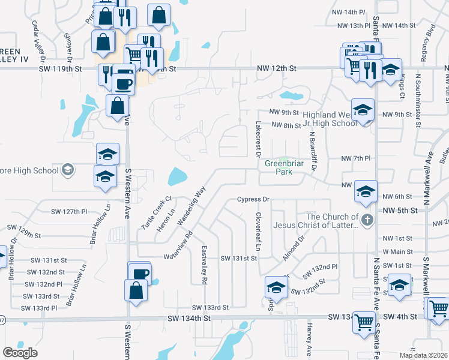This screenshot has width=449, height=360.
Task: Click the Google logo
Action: pos(20,353)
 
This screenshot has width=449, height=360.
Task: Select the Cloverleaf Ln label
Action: pos(259,230)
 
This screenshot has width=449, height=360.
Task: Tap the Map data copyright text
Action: pos(424,355)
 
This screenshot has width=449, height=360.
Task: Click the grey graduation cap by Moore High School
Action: pos(68,170)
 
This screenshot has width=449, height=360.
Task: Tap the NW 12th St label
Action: pos(277,69)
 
